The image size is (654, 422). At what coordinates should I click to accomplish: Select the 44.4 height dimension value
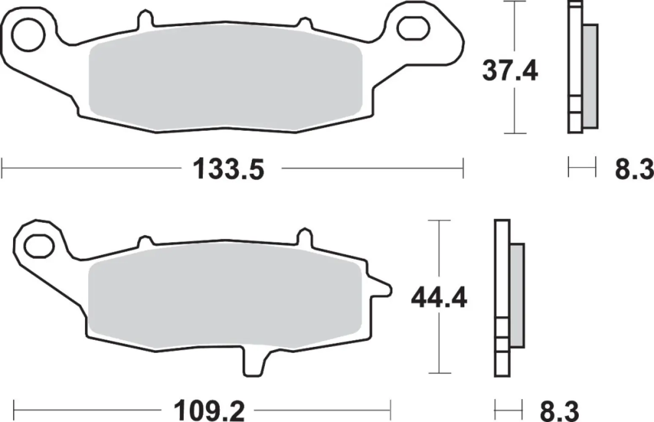point(439,298)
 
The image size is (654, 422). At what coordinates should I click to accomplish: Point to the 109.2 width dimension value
point(209,410)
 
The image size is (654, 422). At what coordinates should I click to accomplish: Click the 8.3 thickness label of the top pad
point(634,170)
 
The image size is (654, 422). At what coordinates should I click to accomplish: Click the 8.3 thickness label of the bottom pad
point(558,410)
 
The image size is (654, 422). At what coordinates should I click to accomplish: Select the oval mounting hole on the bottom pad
point(40,245)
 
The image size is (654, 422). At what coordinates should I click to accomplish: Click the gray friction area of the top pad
point(226,80)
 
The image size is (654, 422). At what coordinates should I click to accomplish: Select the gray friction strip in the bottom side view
point(517,295)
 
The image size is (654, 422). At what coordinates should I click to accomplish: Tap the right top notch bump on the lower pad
point(305,236)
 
